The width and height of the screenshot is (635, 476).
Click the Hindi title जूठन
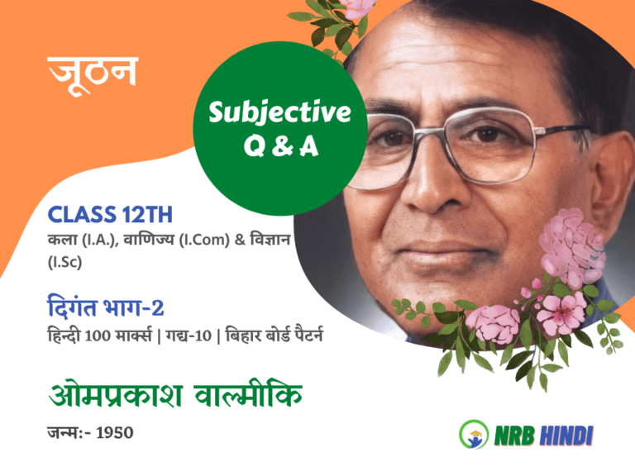pyautogui.click(x=93, y=74)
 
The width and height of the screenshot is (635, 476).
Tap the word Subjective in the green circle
pyautogui.click(x=279, y=112)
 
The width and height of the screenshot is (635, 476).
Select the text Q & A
pyautogui.click(x=279, y=146)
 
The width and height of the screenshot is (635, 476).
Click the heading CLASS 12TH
pyautogui.click(x=110, y=215)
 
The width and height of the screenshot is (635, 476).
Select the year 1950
pyautogui.click(x=115, y=433)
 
